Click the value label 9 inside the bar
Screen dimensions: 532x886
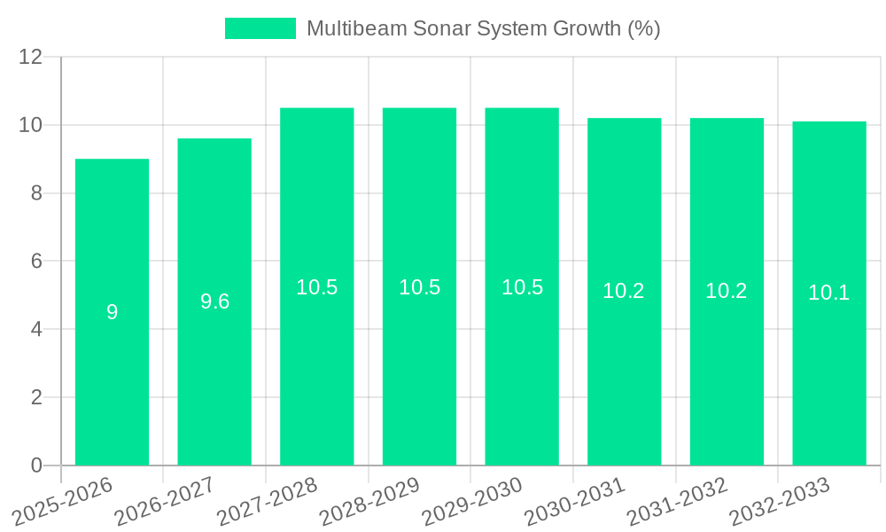point(112,312)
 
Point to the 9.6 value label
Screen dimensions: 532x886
point(214,301)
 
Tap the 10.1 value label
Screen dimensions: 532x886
point(829,293)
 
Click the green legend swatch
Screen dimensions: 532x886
point(260,28)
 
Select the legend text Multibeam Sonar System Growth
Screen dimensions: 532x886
point(483,28)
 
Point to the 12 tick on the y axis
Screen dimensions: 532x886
point(31,57)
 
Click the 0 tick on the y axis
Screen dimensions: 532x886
point(36,465)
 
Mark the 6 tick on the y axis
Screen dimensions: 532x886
point(36,261)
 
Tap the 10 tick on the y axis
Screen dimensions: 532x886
point(31,125)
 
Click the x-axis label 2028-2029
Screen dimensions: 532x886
point(369,502)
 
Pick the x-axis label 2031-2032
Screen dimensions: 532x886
point(677,502)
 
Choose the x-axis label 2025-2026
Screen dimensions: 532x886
point(62,502)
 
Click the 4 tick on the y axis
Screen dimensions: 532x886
point(36,329)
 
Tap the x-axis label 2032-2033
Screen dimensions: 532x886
point(780,502)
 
